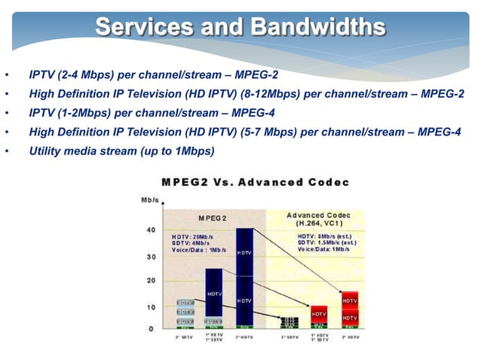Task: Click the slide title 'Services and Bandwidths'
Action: pos(240,27)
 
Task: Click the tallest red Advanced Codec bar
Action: pos(350,309)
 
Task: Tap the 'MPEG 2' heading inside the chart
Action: pos(213,218)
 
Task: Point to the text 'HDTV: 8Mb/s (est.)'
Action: pos(327,236)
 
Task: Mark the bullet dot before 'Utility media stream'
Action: pos(7,152)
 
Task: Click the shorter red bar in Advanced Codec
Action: pos(320,316)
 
